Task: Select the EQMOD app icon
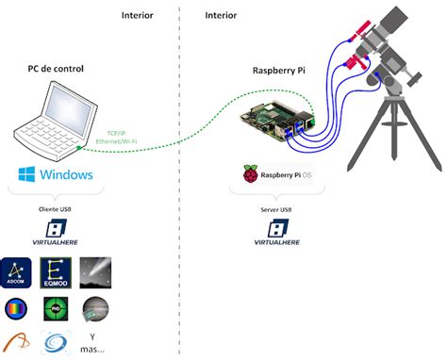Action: click(56, 273)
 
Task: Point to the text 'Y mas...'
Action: click(93, 343)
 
